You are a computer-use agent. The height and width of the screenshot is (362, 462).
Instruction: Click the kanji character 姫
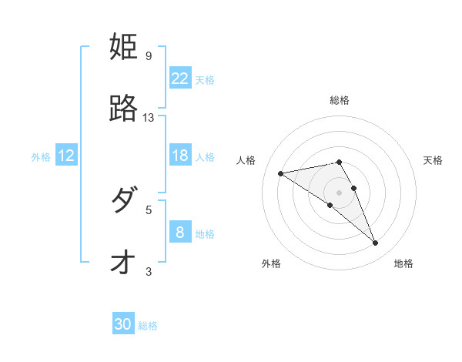[x=124, y=47]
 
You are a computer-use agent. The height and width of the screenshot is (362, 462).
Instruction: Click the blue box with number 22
[x=179, y=78]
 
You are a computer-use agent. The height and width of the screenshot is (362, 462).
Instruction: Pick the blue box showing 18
[x=179, y=156]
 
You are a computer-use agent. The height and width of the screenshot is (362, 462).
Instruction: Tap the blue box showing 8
[x=179, y=232]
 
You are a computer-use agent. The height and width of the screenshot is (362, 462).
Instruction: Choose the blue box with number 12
[x=66, y=156]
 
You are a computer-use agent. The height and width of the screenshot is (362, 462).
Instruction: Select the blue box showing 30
[x=123, y=324]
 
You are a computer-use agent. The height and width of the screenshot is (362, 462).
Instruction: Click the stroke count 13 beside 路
[x=149, y=118]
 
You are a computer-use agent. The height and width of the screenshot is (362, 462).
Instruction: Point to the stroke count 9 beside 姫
[x=149, y=56]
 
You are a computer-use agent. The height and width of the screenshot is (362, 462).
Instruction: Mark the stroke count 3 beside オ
[x=149, y=271]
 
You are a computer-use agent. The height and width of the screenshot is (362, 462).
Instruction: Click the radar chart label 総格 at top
[x=340, y=100]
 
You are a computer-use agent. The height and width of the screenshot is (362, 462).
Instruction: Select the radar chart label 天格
[x=433, y=160]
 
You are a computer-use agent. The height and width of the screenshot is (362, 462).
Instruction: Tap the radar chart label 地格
[x=403, y=263]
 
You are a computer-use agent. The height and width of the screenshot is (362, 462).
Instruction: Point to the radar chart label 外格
[x=271, y=263]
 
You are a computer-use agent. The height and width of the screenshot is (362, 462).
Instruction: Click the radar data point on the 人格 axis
[x=280, y=173]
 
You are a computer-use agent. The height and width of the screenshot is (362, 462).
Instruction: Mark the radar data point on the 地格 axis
[x=376, y=243]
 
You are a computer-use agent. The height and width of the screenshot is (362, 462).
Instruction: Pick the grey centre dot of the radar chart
[x=339, y=192]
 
